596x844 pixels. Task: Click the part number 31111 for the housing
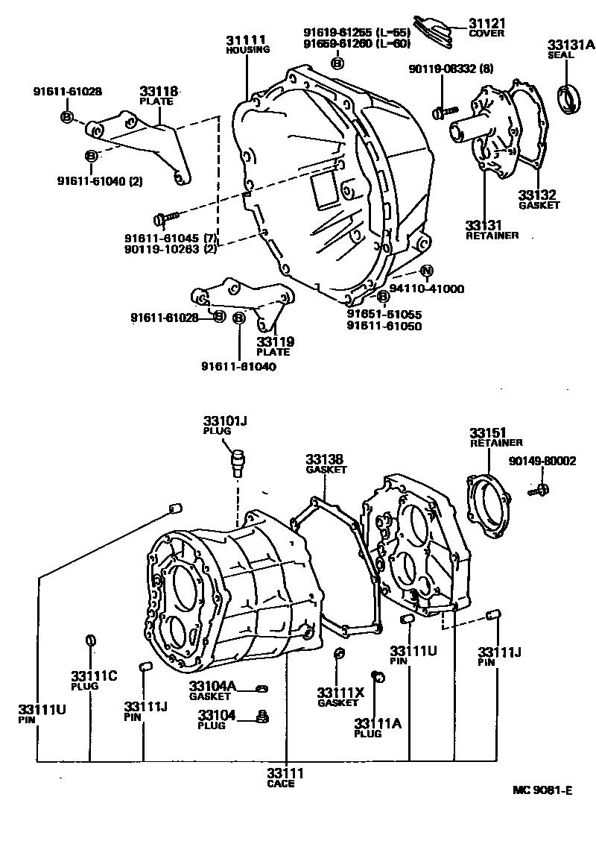246,40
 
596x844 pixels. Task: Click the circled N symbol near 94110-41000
425,270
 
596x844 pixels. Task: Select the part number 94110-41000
427,289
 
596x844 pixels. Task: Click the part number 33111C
94,675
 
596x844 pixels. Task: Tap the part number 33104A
212,686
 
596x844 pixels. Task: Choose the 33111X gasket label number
340,693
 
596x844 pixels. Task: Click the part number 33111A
378,723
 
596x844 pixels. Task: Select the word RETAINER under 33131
492,236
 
